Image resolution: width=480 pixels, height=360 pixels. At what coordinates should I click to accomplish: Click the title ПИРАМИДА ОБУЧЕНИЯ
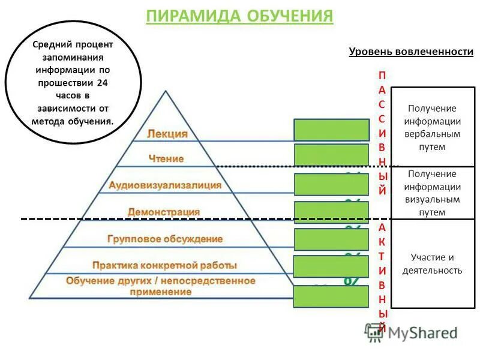click(x=239, y=16)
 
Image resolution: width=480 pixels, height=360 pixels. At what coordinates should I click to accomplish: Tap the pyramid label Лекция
click(x=167, y=134)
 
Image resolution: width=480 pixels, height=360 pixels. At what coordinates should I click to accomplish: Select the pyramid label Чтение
click(x=166, y=159)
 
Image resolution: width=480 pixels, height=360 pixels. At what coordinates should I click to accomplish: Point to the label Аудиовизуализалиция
click(x=165, y=185)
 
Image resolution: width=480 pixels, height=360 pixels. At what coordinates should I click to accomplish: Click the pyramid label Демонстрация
click(x=164, y=212)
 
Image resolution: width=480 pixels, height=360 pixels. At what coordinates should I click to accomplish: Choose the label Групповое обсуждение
click(x=165, y=239)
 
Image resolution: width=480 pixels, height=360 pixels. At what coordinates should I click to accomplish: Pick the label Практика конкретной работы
click(x=164, y=265)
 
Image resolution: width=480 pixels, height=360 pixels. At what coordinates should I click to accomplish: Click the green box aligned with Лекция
click(x=331, y=130)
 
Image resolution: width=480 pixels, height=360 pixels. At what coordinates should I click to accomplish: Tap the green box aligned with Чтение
click(x=331, y=155)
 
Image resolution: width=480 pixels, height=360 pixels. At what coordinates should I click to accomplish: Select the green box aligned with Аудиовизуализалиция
click(x=331, y=184)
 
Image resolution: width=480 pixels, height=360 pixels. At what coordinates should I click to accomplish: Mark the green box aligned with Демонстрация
click(x=331, y=212)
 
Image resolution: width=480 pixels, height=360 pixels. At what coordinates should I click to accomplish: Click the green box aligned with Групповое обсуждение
click(x=331, y=239)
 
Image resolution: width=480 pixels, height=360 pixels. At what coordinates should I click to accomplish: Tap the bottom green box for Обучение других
click(x=331, y=296)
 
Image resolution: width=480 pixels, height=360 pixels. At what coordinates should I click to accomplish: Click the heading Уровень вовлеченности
click(x=411, y=52)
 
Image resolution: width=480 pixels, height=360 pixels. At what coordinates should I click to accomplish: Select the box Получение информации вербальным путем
click(x=433, y=127)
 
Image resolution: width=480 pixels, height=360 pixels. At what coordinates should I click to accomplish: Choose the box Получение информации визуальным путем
click(x=433, y=193)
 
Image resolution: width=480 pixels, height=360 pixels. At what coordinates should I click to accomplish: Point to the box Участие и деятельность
click(x=433, y=264)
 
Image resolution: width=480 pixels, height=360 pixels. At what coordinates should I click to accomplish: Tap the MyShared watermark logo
click(x=411, y=332)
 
